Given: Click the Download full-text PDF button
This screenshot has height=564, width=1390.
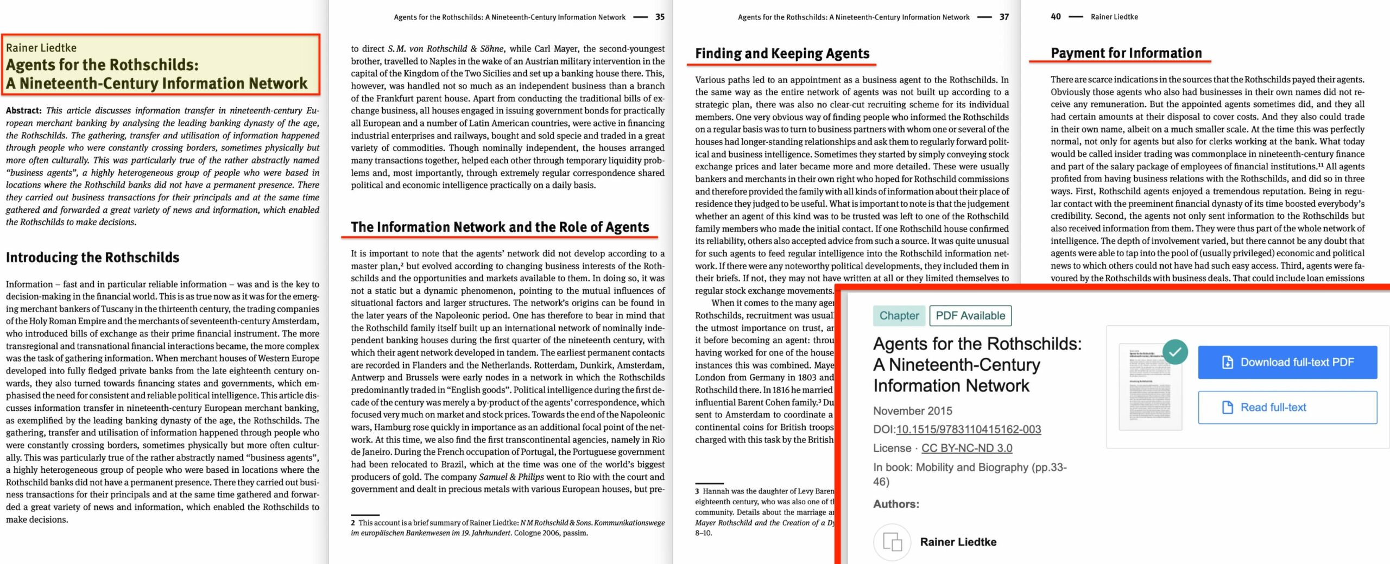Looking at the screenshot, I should [1287, 362].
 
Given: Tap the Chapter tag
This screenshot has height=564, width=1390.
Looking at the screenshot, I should [899, 315].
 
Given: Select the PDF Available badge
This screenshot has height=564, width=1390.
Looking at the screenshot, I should [970, 315].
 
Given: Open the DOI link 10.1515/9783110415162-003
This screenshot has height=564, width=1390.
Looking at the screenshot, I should [968, 429].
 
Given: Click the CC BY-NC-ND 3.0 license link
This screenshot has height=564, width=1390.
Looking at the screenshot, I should [966, 448].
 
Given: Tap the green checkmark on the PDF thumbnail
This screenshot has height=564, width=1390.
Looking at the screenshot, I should [1175, 352].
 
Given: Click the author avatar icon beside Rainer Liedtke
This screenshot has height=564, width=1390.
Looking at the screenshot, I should [892, 542].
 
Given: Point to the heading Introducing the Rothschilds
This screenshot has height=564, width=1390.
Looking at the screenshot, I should [92, 257].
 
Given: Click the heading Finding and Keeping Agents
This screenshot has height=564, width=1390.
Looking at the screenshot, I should [782, 53].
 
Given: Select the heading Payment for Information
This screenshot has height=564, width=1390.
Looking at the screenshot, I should [1126, 53].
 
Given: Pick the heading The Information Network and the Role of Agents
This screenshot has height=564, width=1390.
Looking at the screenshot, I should [500, 227].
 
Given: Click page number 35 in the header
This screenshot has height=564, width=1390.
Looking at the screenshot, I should [660, 17].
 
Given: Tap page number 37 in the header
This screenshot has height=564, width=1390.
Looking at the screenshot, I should [1004, 17].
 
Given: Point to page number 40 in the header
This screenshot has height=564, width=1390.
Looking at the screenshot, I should [1056, 16].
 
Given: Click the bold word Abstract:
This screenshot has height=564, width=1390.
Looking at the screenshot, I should [24, 111].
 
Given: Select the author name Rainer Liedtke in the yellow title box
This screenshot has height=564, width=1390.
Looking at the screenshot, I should [41, 48].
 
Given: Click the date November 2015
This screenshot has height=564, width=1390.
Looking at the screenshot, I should [912, 411].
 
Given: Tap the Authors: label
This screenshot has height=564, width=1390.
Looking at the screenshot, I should [896, 504].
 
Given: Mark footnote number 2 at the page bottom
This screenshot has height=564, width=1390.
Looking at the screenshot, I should [353, 523].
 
